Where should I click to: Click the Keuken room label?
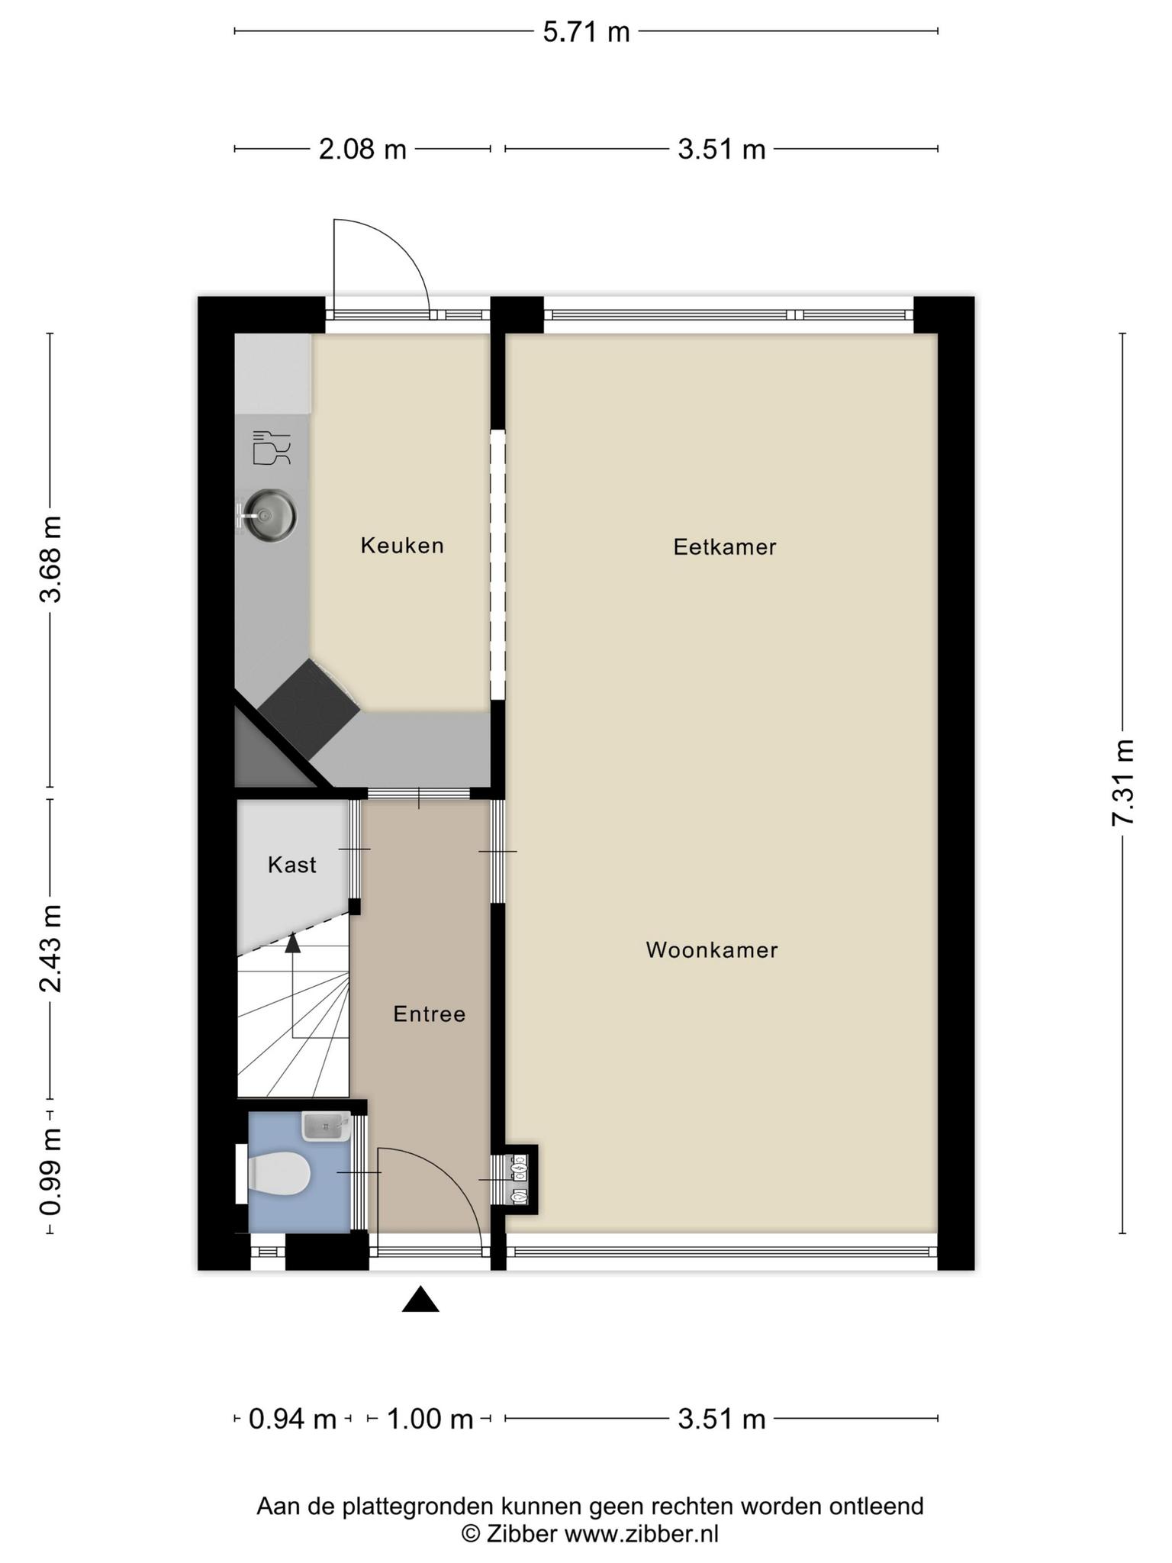[x=402, y=546]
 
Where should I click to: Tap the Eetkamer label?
[x=725, y=547]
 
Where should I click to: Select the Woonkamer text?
[x=712, y=950]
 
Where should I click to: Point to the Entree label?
[x=429, y=1014]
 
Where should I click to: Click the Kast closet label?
[x=292, y=865]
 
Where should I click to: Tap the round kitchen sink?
[x=266, y=516]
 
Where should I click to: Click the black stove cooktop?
[x=309, y=708]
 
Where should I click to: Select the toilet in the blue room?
[x=272, y=1172]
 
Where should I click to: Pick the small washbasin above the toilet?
[x=326, y=1126]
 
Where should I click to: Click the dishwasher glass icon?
[x=272, y=448]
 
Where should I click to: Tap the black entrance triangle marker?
[x=420, y=1300]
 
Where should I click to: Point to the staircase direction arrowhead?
[x=292, y=943]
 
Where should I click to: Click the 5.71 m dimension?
[x=586, y=32]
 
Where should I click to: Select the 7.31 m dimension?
[x=1122, y=782]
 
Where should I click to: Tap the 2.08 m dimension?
[x=362, y=149]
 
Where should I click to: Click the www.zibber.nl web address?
[x=641, y=1533]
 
